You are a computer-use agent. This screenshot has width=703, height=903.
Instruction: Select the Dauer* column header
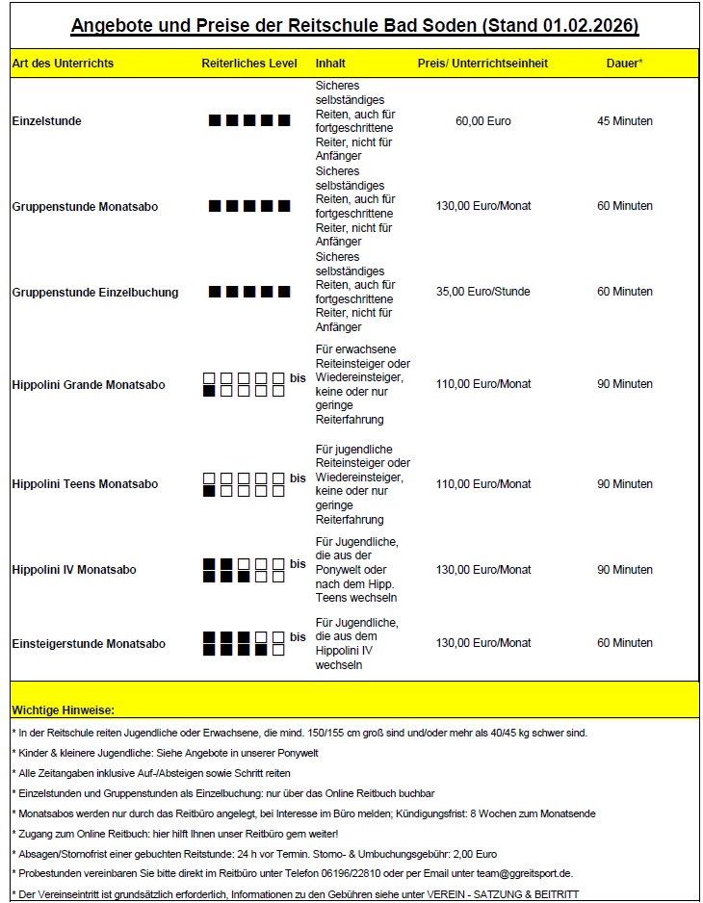coord(624,64)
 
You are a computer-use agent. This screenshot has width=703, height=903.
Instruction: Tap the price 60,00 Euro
coord(483,121)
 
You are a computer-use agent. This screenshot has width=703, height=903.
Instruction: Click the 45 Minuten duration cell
coord(625,121)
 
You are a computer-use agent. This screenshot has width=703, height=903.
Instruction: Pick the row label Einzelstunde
coord(46,122)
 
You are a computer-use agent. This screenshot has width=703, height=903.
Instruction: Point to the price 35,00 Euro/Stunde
coord(483,292)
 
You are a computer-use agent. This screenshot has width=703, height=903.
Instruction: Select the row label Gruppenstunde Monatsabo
coord(85,207)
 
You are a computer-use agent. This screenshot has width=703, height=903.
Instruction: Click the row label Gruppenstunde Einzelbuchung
coord(94,293)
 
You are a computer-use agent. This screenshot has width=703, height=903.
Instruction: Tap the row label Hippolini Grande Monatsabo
coord(89,385)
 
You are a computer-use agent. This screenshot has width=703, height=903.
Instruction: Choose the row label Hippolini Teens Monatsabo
coord(85,484)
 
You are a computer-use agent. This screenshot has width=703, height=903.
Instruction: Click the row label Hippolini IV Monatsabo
coord(74,570)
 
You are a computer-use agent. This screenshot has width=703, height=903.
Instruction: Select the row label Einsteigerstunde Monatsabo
coord(89,644)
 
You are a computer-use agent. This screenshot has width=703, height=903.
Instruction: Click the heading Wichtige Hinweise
coord(63,710)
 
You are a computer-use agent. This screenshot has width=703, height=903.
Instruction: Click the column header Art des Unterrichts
coord(63,64)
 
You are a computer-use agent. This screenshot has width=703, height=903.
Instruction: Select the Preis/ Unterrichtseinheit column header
coord(482,64)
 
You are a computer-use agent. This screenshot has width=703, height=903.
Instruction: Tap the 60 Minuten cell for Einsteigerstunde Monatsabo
coord(625,643)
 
